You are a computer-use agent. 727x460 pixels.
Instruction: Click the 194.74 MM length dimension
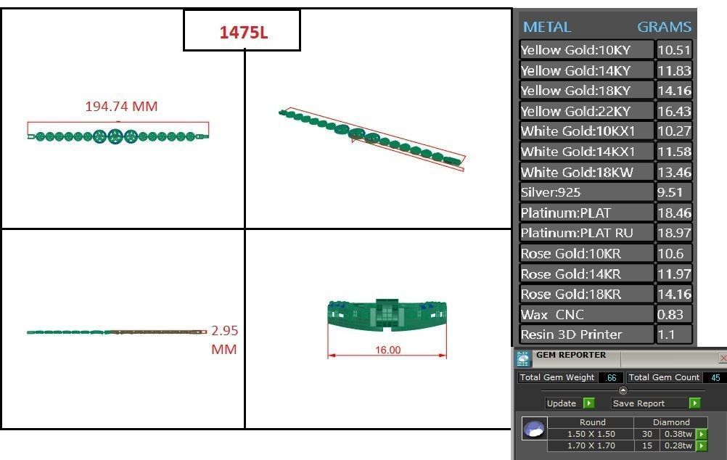coord(121,107)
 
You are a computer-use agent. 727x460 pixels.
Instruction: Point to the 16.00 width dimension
coord(387,350)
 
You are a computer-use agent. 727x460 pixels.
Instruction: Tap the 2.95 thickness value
coord(224,331)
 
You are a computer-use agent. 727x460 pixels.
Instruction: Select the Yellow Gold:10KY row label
coord(576,50)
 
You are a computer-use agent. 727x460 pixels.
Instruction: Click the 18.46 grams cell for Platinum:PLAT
coord(674,213)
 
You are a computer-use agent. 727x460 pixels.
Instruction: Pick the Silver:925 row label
coord(551,193)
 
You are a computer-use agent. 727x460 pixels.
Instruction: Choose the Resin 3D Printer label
coord(571,335)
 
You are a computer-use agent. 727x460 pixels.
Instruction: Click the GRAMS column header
coord(664,27)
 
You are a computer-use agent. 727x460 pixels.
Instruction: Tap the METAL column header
coord(547,27)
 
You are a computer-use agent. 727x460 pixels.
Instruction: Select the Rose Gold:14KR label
coord(571,274)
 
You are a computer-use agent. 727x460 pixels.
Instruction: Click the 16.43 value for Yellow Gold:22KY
coord(674,111)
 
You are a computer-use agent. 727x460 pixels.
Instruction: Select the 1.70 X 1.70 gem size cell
coord(590,445)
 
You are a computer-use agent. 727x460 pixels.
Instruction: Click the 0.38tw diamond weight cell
coord(678,434)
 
